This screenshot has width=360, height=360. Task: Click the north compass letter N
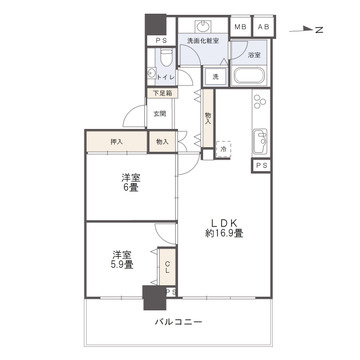[318, 31]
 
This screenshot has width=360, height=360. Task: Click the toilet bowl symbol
[159, 72]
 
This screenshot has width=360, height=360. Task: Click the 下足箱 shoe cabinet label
[161, 93]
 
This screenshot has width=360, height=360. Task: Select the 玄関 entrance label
[160, 112]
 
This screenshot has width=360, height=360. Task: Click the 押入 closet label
[116, 142]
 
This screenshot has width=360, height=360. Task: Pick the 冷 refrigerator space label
[223, 150]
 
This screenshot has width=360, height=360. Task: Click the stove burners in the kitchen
[262, 102]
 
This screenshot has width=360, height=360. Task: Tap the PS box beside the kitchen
[261, 165]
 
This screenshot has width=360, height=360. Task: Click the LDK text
[225, 222]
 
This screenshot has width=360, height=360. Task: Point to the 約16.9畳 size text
[225, 234]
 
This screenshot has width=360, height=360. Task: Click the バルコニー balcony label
[179, 323]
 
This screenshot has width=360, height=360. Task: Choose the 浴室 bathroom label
[254, 56]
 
